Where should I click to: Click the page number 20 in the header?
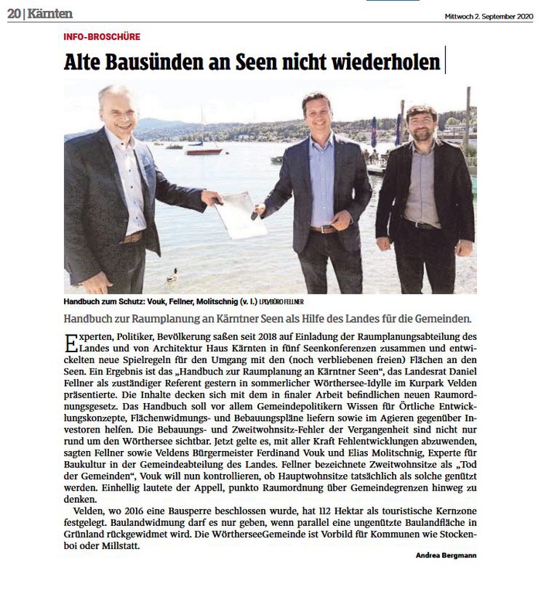[x=13, y=13]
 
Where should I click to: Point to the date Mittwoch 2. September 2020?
[x=488, y=15]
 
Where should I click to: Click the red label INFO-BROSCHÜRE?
[x=102, y=36]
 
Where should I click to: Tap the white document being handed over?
[x=240, y=213]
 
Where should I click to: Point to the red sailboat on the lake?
[x=202, y=151]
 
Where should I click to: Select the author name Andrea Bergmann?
[x=446, y=556]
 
